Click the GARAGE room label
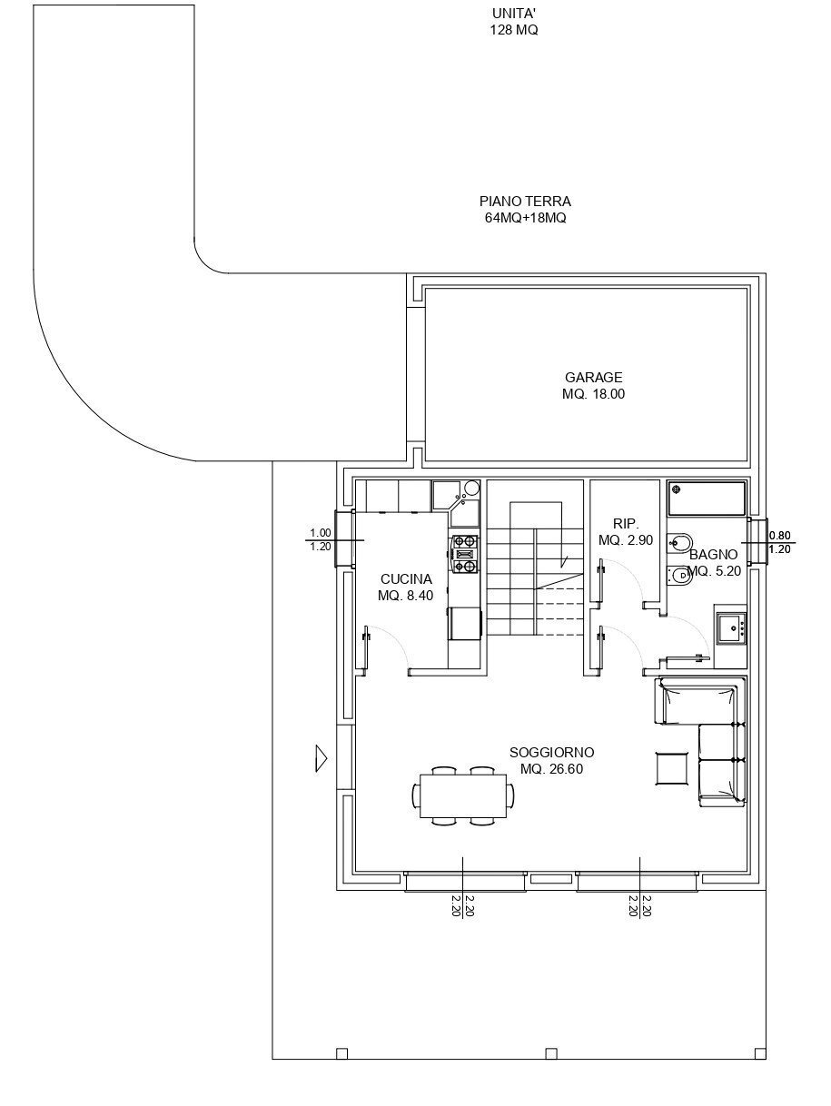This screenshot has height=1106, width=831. [593, 377]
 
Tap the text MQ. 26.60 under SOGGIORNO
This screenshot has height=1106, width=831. [551, 769]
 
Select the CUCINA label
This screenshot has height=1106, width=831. [406, 578]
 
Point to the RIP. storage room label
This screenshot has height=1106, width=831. [626, 524]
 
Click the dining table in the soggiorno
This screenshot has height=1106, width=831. [463, 795]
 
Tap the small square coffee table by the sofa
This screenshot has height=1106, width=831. [673, 768]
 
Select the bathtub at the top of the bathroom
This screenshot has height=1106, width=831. [707, 497]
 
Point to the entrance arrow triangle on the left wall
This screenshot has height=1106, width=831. [321, 757]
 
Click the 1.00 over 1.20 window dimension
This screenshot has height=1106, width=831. [320, 539]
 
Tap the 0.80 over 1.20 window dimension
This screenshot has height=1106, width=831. [779, 541]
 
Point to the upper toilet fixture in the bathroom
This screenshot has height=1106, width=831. [678, 542]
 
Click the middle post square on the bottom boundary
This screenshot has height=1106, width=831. [550, 1053]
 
